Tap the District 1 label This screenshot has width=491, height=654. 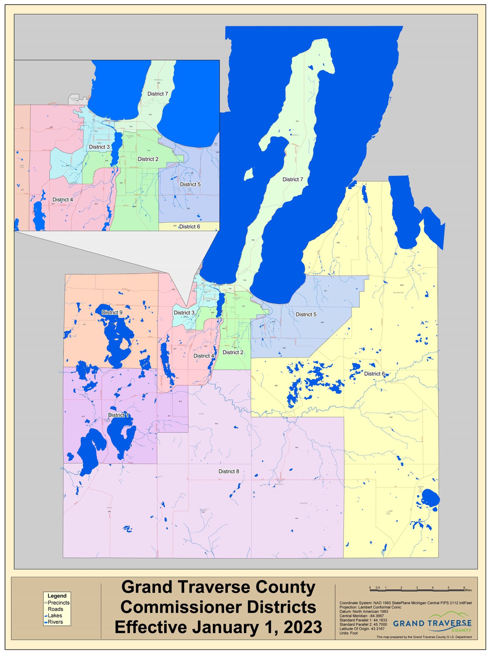click(x=118, y=415)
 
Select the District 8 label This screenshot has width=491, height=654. click(x=228, y=471)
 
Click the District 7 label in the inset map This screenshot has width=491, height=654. click(x=158, y=94)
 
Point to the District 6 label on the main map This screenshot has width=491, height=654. click(x=374, y=374)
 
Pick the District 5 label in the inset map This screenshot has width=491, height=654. click(x=190, y=184)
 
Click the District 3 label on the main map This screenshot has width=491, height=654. click(x=184, y=312)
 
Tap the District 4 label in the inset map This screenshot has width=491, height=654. click(x=63, y=200)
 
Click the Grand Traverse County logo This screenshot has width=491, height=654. click(x=432, y=624)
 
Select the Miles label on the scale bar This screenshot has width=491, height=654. click(x=468, y=590)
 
